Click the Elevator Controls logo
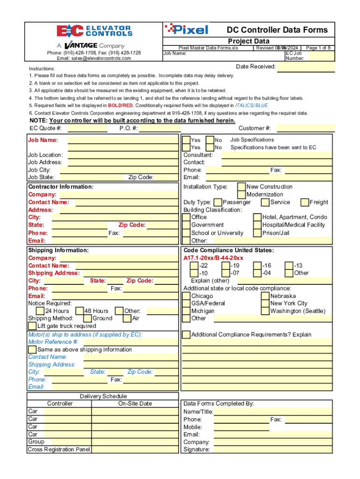[94, 31]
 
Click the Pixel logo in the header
[186, 29]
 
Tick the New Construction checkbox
[241, 187]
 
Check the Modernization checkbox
[241, 194]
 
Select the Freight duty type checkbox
[305, 203]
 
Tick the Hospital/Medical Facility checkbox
[257, 225]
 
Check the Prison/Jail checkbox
[257, 233]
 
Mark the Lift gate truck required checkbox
[32, 326]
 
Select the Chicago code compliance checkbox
[186, 296]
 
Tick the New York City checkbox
[265, 304]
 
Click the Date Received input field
[306, 67]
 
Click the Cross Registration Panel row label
[59, 450]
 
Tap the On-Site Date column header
[135, 404]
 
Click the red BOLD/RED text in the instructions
[120, 106]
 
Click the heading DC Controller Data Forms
[277, 30]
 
